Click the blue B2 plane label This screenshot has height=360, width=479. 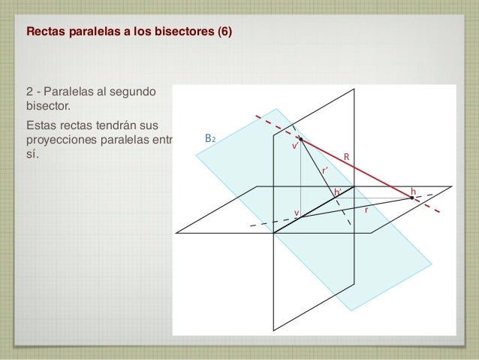point(210,139)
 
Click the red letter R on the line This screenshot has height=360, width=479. point(348,156)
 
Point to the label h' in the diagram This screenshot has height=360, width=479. point(338,192)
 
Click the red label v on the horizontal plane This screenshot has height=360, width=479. point(296,213)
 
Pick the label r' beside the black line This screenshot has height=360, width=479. point(324,171)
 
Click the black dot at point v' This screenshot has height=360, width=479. point(300,139)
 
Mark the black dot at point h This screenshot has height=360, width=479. point(411,198)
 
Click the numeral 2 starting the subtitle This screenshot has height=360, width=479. point(30,92)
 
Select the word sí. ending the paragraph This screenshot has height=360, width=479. point(32,156)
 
